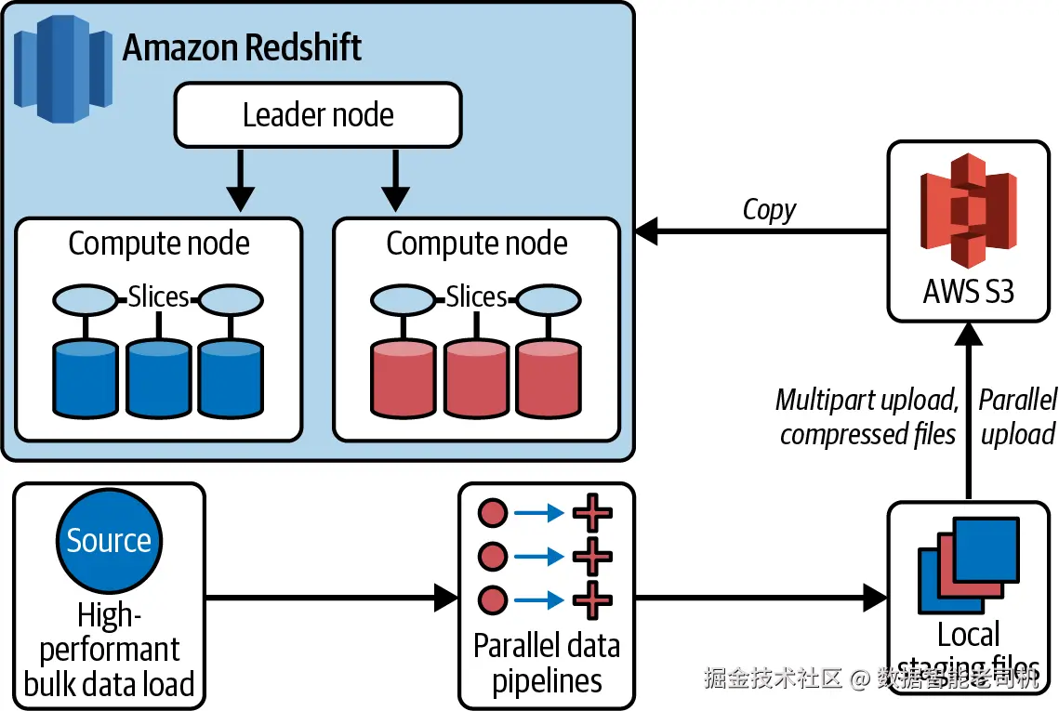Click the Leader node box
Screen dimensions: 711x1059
click(x=318, y=115)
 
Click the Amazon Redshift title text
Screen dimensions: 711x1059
click(x=243, y=47)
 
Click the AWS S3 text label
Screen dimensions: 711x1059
click(x=968, y=292)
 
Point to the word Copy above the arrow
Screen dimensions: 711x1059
click(x=769, y=210)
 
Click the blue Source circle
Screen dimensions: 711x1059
click(x=109, y=540)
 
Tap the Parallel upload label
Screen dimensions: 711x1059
click(x=1018, y=416)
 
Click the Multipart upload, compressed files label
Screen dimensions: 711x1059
click(x=867, y=416)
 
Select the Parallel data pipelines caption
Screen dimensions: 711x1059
click(x=547, y=664)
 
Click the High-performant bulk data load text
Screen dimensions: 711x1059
click(x=109, y=650)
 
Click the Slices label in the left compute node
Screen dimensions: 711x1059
click(x=158, y=297)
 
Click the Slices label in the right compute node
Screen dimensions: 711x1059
click(x=476, y=297)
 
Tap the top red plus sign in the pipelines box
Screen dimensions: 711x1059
click(x=591, y=513)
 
